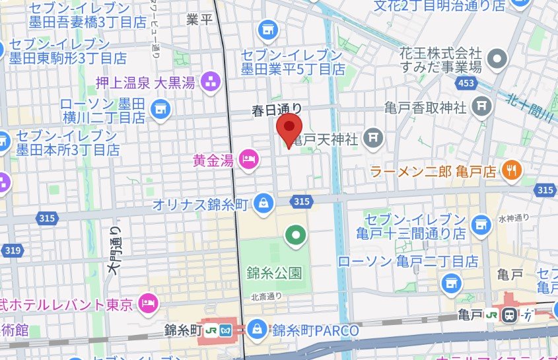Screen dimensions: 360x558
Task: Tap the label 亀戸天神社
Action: tap(326, 139)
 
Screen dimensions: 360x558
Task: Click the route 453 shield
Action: tap(466, 83)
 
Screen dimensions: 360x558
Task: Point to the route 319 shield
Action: tap(11, 250)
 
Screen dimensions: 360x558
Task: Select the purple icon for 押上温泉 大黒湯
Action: tap(211, 83)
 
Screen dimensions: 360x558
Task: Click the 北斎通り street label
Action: tap(266, 297)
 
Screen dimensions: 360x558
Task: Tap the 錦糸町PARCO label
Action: tap(316, 329)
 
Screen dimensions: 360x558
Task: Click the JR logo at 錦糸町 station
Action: tap(227, 329)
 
